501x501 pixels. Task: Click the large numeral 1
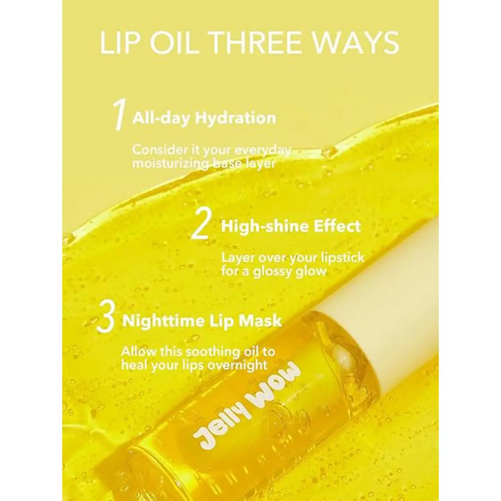(119, 114)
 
